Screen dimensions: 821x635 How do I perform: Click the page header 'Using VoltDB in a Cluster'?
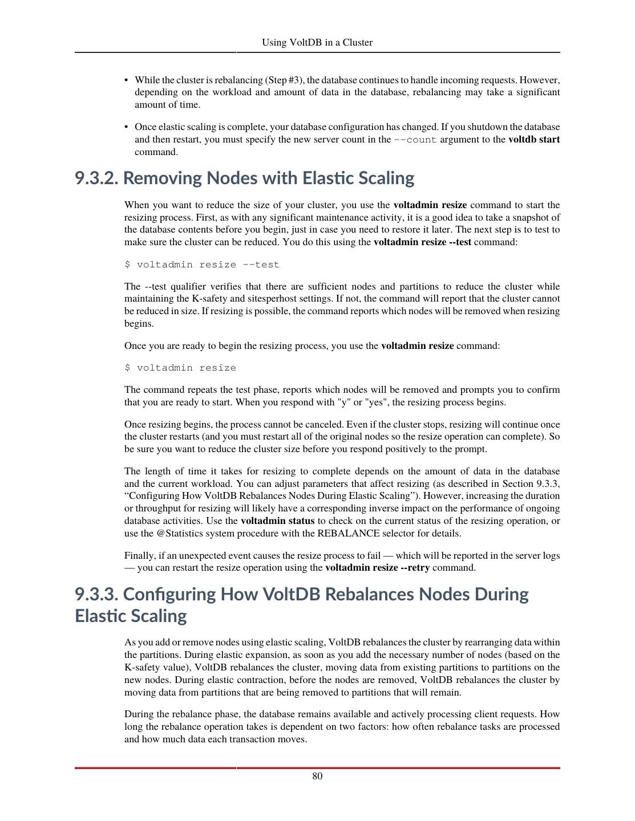[317, 42]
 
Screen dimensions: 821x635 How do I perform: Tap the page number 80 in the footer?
[317, 776]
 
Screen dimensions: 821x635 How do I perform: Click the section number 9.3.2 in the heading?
[97, 178]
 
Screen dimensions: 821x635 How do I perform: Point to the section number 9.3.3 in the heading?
[97, 594]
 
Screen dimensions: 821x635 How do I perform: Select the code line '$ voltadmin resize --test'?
[202, 265]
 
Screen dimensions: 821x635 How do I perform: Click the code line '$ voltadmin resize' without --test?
[180, 368]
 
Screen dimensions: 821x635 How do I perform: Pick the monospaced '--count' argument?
[415, 140]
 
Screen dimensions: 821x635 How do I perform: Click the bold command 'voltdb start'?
[534, 140]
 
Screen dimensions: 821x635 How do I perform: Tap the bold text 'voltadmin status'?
[278, 521]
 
